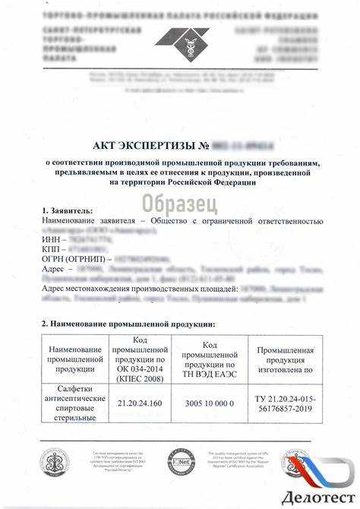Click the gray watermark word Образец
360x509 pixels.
(x=180, y=203)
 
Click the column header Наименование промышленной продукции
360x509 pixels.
(x=74, y=358)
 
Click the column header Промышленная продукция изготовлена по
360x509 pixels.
(x=285, y=357)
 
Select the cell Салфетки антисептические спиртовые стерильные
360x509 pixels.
(x=74, y=403)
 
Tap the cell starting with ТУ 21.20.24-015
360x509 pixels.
(x=285, y=403)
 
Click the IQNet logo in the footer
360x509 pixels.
(x=182, y=460)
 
